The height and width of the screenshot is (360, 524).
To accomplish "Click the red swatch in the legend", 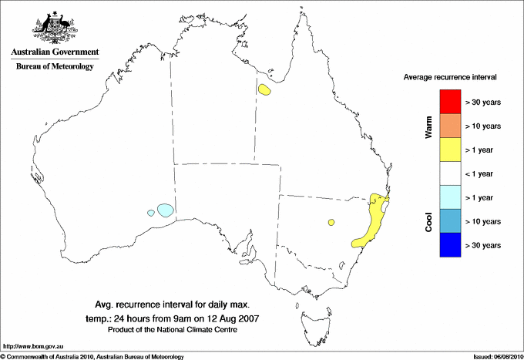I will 449,102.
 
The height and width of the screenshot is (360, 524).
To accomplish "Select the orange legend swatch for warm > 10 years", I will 449,126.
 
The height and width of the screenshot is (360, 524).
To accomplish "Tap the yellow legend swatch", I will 449,150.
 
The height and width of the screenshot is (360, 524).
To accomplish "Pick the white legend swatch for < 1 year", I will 449,173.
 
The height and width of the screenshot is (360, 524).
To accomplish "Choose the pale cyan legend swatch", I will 449,197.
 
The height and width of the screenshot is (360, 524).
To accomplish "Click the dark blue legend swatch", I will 449,245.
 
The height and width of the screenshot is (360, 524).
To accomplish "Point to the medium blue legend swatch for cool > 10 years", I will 449,221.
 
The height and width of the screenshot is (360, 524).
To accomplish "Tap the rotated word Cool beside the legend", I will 429,221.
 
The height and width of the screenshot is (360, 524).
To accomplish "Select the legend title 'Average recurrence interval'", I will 449,78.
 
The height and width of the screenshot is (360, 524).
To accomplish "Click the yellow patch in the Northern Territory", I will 265,90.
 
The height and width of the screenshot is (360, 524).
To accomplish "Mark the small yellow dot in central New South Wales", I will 331,222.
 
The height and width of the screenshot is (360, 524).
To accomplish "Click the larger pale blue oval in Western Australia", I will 165,209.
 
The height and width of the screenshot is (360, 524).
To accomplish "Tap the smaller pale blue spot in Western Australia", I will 151,213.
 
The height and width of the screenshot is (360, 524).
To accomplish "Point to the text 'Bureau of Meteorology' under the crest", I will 54,67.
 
